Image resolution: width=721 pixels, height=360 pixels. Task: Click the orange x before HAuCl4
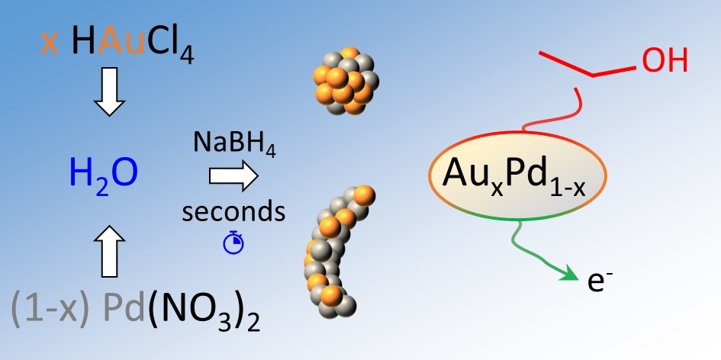pos(50,45)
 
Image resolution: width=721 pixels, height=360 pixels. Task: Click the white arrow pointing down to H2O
pos(109,92)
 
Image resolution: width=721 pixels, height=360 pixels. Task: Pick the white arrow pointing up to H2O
pos(109,252)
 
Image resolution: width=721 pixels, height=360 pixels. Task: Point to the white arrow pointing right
pos(233,176)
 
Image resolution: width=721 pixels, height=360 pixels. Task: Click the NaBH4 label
pos(234,144)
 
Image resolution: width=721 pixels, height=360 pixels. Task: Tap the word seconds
pos(233,212)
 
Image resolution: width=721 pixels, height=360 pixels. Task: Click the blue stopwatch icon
pos(233,243)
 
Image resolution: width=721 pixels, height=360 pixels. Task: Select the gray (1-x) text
pos(49,313)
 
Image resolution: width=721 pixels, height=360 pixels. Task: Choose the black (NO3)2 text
pos(202,314)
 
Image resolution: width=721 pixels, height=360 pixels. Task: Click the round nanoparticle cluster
pos(346,81)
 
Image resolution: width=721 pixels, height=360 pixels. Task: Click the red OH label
pos(665,62)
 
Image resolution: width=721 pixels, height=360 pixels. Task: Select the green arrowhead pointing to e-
pos(570,275)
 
